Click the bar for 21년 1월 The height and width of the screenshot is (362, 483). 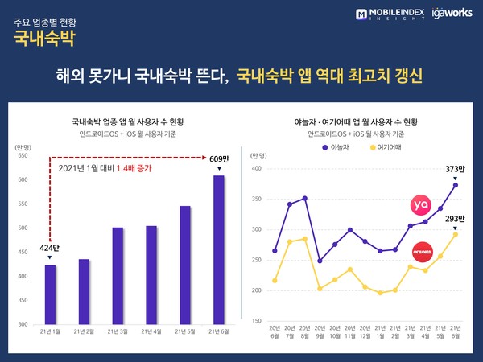50,294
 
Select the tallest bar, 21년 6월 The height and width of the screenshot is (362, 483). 218,250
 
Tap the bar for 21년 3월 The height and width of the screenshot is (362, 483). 118,276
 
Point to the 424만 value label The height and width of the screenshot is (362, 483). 50,248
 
